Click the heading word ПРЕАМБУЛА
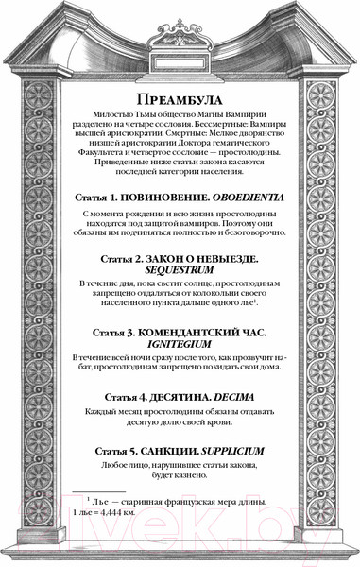pos(179,101)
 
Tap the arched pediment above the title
pos(179,38)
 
